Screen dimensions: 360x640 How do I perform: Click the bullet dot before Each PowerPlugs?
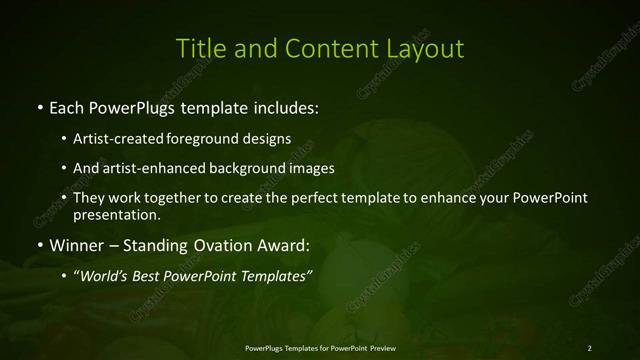[x=39, y=105]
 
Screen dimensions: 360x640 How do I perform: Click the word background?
[x=244, y=168]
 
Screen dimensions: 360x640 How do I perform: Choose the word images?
[x=310, y=168]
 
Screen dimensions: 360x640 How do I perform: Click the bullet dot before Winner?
[x=39, y=245]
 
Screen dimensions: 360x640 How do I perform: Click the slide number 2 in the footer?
[x=589, y=348]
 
